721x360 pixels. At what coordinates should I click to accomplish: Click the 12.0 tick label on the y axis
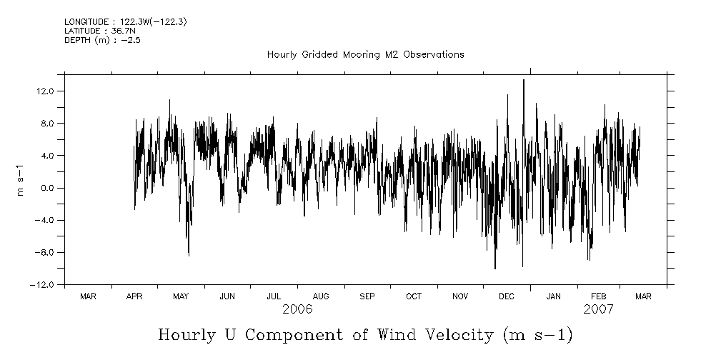[47, 91]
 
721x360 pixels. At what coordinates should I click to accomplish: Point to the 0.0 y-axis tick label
[49, 188]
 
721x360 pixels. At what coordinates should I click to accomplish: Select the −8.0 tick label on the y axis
[46, 252]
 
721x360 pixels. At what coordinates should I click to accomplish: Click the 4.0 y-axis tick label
[49, 156]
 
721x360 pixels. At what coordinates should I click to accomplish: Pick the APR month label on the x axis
[134, 296]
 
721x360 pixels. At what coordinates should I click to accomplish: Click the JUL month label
[274, 296]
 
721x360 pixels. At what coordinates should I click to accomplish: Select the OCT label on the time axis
[414, 296]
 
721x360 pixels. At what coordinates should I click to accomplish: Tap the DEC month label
[507, 296]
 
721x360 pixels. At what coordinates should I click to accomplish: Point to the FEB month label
[599, 296]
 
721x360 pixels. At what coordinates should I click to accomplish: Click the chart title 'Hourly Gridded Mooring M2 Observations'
[365, 54]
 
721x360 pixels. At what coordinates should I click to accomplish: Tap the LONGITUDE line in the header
[126, 22]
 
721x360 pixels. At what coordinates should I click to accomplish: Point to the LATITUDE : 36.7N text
[100, 31]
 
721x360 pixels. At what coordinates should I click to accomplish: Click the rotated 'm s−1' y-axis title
[21, 179]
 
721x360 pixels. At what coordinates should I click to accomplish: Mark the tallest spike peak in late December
[524, 80]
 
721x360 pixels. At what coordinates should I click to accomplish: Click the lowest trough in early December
[495, 268]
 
